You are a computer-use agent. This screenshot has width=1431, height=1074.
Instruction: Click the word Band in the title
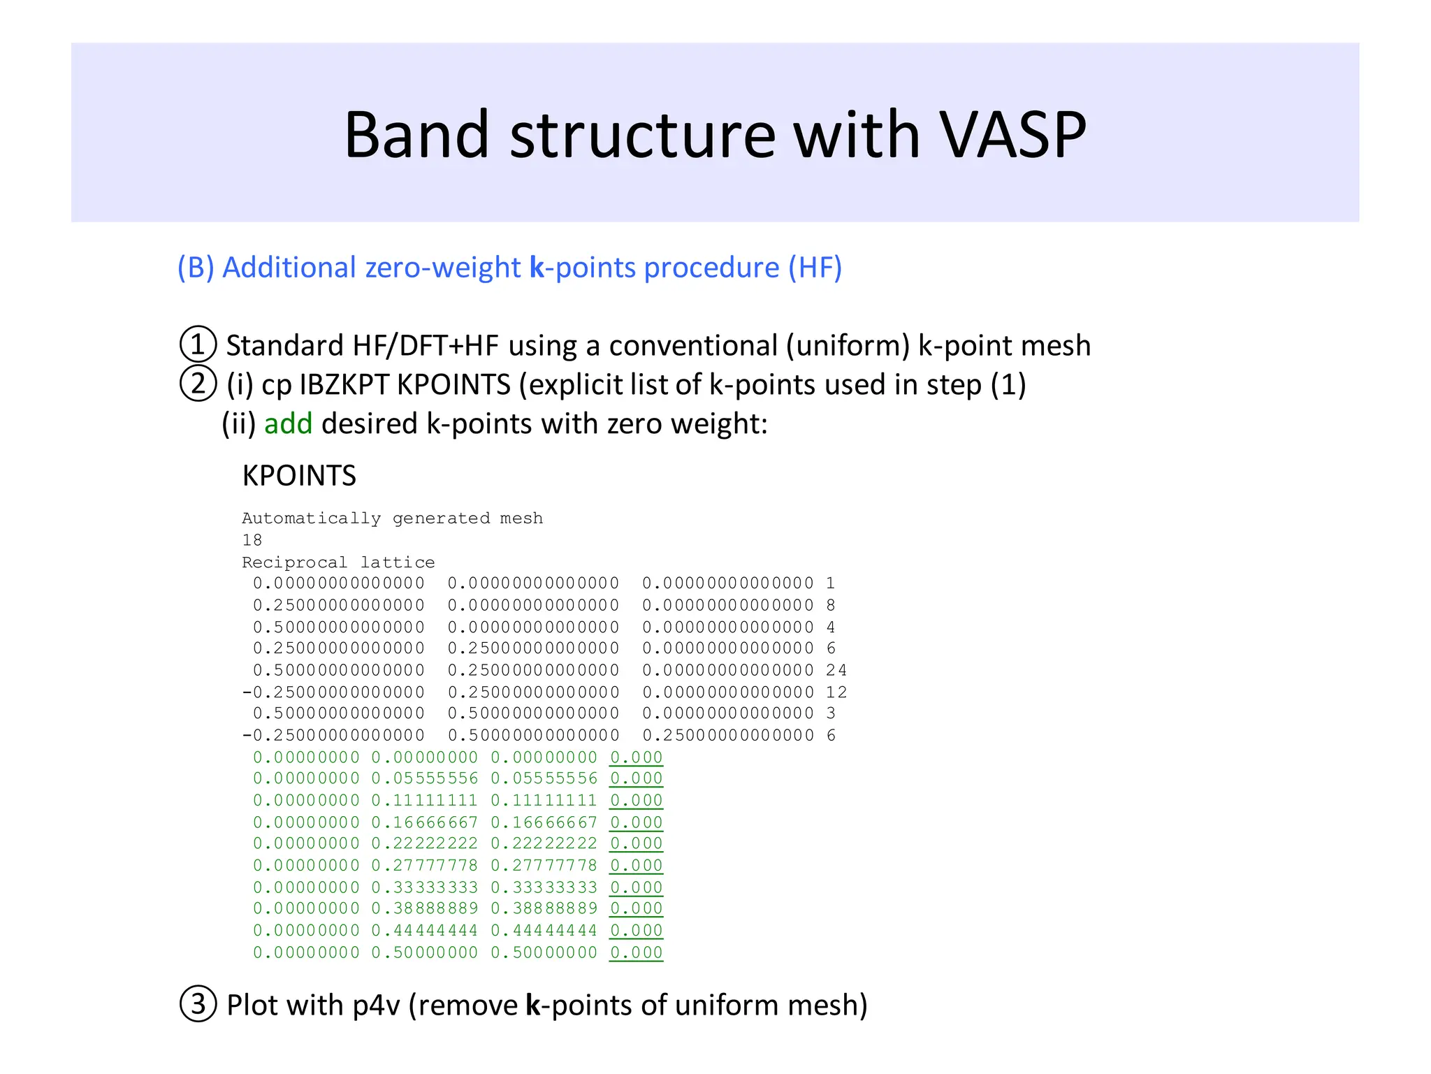(x=416, y=135)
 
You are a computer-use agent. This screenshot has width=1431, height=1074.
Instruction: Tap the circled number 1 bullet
(x=198, y=344)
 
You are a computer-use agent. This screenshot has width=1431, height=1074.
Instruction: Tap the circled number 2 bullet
(x=198, y=384)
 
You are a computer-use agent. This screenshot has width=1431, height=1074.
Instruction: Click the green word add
(x=288, y=423)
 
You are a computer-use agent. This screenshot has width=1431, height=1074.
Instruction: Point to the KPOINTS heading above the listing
(x=299, y=476)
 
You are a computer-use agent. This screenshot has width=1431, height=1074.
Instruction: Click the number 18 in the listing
(x=252, y=540)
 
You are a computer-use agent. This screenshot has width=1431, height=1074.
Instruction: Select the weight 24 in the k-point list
(x=836, y=670)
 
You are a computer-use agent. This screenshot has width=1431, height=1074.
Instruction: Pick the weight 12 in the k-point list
(x=836, y=692)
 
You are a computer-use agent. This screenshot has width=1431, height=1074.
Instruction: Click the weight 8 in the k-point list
(x=830, y=605)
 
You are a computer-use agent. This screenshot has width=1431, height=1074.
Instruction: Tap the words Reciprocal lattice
(x=338, y=563)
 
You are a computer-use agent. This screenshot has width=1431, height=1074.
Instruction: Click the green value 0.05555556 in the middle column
(x=425, y=778)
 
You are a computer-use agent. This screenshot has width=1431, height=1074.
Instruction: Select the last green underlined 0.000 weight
(x=636, y=952)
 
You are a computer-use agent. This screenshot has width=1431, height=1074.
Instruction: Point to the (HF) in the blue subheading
(x=815, y=268)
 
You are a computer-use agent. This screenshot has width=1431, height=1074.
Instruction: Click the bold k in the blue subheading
(x=537, y=268)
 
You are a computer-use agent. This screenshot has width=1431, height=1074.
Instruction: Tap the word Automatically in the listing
(x=312, y=518)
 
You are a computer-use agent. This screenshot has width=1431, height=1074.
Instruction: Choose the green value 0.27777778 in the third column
(x=544, y=865)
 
